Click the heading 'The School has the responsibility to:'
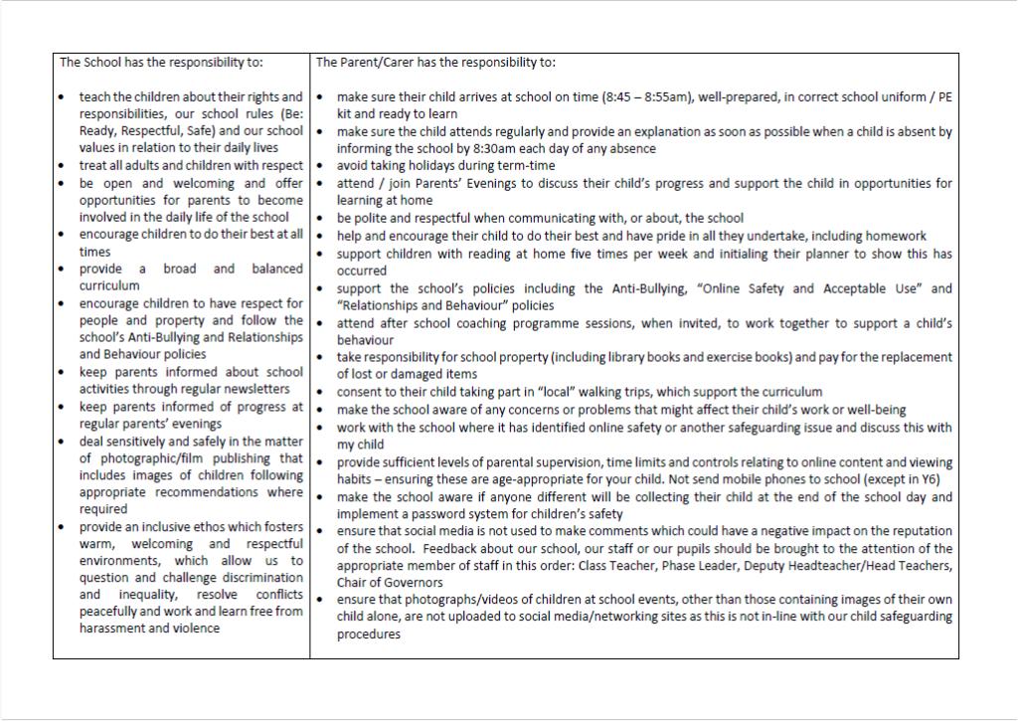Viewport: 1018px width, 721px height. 161,62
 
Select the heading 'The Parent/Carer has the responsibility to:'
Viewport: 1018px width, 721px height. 435,62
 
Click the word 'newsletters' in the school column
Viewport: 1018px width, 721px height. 256,389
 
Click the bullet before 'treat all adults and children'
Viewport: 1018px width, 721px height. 62,166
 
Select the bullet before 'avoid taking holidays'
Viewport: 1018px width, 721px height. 319,166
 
